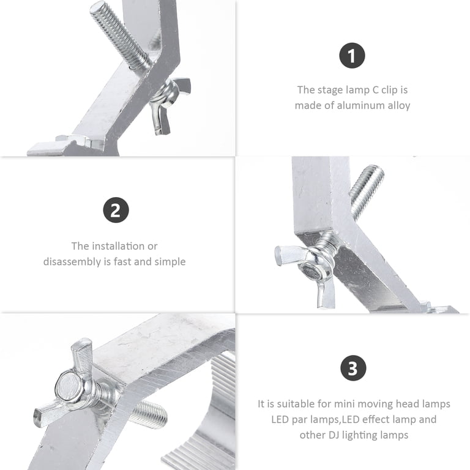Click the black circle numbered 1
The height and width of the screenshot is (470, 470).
click(x=352, y=56)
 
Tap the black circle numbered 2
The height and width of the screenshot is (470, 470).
click(x=116, y=210)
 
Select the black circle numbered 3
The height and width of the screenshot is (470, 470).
click(x=353, y=368)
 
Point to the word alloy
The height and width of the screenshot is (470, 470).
click(x=399, y=105)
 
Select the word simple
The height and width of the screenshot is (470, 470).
click(x=170, y=262)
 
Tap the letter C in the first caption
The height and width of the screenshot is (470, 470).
click(x=376, y=90)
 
